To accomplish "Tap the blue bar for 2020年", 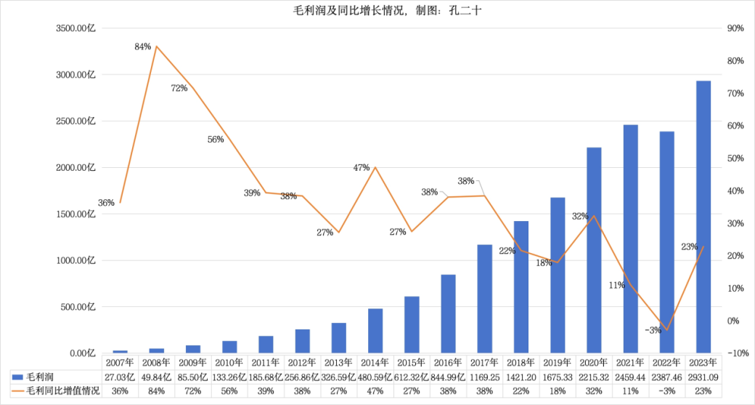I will [594, 250].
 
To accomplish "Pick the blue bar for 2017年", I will [484, 299].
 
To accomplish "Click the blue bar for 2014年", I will [375, 331].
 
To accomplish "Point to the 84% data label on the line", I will [142, 47].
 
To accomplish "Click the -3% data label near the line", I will [653, 330].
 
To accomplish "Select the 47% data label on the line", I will [362, 167].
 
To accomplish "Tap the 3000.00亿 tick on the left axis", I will [75, 75].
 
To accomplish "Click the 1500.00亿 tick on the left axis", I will [75, 214].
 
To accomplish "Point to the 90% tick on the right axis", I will [735, 28].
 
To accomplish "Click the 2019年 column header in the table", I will [557, 362].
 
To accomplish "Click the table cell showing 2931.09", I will [703, 377].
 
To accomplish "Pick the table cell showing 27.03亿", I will [120, 377].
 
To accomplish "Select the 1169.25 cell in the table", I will [484, 377].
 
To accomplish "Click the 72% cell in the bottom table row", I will [192, 391].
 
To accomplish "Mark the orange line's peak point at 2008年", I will [157, 47].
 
